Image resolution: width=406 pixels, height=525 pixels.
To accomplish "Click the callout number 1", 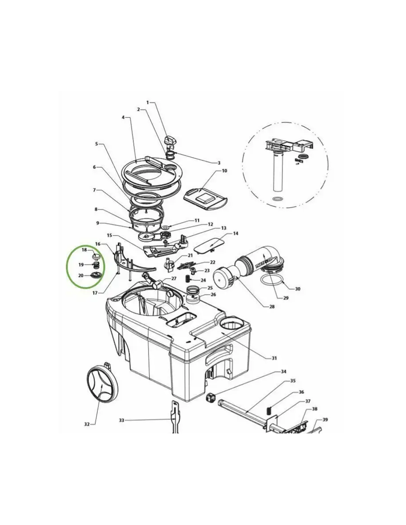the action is tap(148, 103).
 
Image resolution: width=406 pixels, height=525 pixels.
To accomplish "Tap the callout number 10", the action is tap(224, 171).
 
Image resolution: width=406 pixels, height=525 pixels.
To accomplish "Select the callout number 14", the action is tap(235, 233).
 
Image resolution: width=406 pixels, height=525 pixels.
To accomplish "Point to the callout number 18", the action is tap(84, 250).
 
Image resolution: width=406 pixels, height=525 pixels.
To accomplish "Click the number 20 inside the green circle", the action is tap(81, 275).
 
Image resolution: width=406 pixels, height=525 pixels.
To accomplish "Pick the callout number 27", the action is tap(174, 278).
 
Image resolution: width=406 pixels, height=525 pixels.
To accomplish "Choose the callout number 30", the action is tap(297, 289).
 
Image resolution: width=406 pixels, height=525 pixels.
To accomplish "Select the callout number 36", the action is tap(301, 392).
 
